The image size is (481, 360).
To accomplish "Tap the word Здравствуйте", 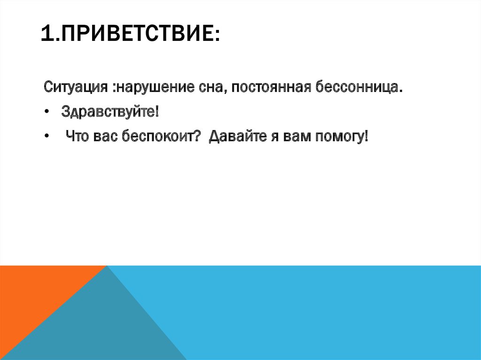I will tap(109, 113).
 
